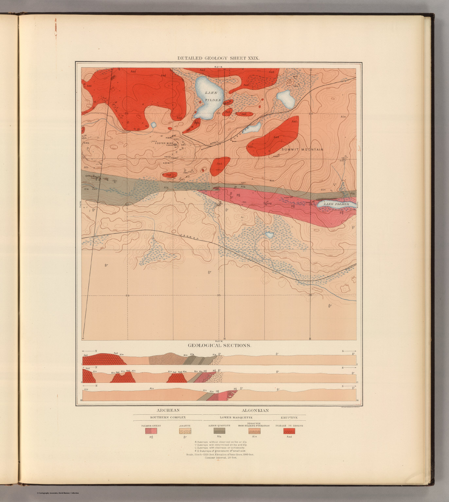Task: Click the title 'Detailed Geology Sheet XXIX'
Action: click(218, 58)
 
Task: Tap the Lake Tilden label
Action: click(213, 96)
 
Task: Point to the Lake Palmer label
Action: click(336, 204)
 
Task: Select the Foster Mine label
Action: click(164, 143)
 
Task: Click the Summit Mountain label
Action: click(302, 150)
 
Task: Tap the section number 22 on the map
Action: click(127, 113)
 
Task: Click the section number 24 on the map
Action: click(310, 114)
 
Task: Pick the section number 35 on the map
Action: click(219, 295)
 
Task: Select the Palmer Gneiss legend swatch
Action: click(151, 431)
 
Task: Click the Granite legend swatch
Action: click(185, 431)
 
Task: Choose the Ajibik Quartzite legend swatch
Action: click(219, 431)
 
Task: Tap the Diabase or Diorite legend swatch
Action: click(289, 431)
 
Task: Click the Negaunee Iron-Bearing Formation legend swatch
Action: click(254, 431)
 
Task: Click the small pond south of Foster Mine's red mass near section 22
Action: click(153, 125)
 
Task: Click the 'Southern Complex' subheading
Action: click(168, 417)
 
